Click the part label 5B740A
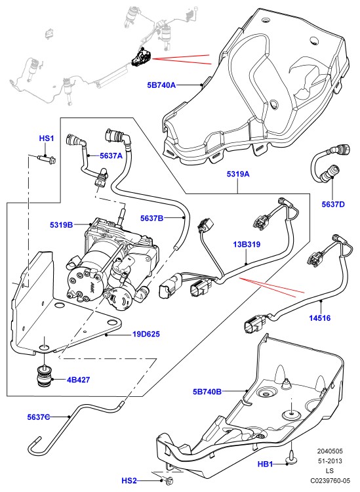(x=162, y=85)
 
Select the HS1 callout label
(x=47, y=138)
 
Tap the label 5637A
(x=111, y=155)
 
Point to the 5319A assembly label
(x=238, y=174)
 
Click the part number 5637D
(x=333, y=204)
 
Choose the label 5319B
(x=61, y=224)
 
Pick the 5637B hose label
(x=151, y=218)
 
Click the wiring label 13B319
(x=247, y=244)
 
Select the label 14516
(x=320, y=318)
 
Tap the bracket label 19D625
(x=146, y=334)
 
